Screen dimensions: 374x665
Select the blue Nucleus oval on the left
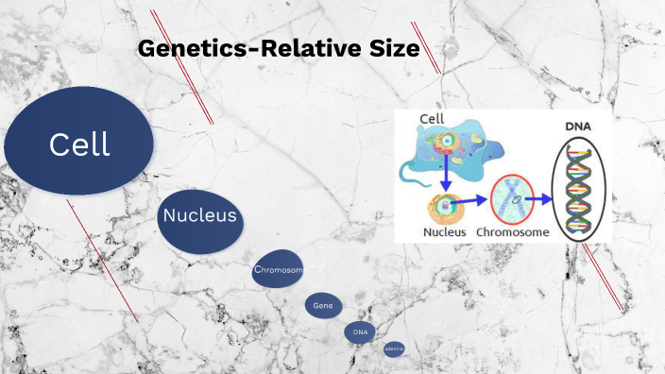coord(199,217)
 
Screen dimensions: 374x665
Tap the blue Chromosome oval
coord(279,269)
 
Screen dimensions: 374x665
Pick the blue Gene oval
coord(323,305)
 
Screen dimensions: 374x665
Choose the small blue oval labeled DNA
coord(359,331)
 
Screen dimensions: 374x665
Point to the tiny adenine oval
coord(394,348)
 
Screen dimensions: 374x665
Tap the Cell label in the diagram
coord(431,117)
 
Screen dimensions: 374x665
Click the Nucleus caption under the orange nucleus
coord(447,231)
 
